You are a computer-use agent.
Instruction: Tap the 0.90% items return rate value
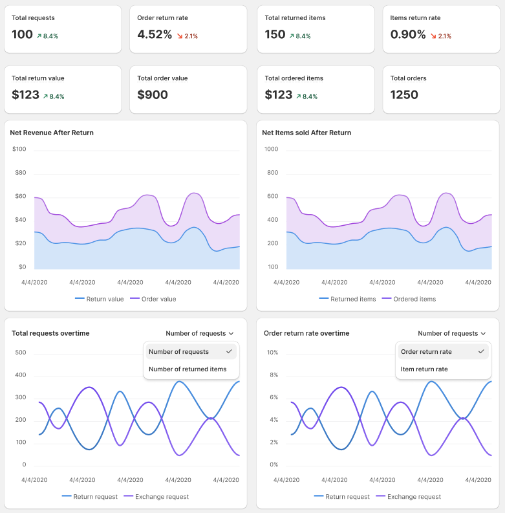pyautogui.click(x=408, y=35)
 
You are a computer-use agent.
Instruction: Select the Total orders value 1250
pyautogui.click(x=404, y=95)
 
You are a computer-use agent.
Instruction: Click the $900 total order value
pyautogui.click(x=153, y=95)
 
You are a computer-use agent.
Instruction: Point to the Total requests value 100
pyautogui.click(x=22, y=35)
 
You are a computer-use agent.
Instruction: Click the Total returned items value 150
pyautogui.click(x=275, y=35)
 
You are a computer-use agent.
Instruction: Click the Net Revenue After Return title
pyautogui.click(x=52, y=133)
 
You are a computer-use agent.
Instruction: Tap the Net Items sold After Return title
pyautogui.click(x=306, y=133)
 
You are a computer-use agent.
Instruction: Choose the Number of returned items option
pyautogui.click(x=188, y=369)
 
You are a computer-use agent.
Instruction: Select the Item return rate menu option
pyautogui.click(x=424, y=369)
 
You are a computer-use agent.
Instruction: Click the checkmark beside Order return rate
pyautogui.click(x=480, y=351)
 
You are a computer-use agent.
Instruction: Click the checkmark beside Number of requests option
pyautogui.click(x=229, y=351)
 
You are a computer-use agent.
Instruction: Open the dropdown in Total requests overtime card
pyautogui.click(x=199, y=334)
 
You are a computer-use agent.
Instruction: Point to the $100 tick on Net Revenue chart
pyautogui.click(x=19, y=149)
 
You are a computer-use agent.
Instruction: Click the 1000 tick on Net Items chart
pyautogui.click(x=271, y=149)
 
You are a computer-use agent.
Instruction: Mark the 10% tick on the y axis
pyautogui.click(x=272, y=353)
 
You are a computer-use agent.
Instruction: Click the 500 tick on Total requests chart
pyautogui.click(x=20, y=353)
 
